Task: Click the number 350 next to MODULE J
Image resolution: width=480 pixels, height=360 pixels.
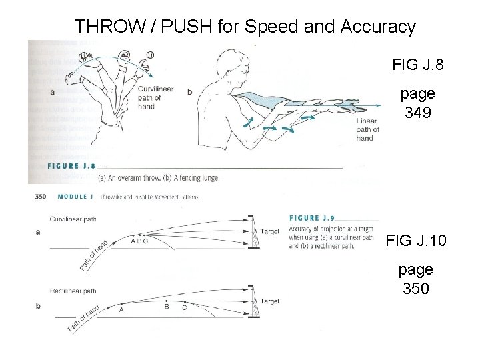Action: click(40, 197)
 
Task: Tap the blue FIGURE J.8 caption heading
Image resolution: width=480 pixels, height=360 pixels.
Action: click(71, 166)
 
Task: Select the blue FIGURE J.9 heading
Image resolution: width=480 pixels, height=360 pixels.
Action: click(314, 218)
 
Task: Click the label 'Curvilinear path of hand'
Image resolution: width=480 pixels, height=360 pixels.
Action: click(156, 97)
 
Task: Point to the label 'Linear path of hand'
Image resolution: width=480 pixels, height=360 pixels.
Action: click(367, 129)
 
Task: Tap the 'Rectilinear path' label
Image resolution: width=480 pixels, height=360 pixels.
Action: click(73, 291)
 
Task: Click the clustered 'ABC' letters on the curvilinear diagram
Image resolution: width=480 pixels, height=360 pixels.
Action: click(139, 241)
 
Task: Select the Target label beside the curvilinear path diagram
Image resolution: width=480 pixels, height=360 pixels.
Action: click(269, 232)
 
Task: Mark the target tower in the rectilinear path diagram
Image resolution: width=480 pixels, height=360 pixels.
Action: click(251, 303)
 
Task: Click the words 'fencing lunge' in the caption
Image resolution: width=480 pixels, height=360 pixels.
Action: click(199, 178)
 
